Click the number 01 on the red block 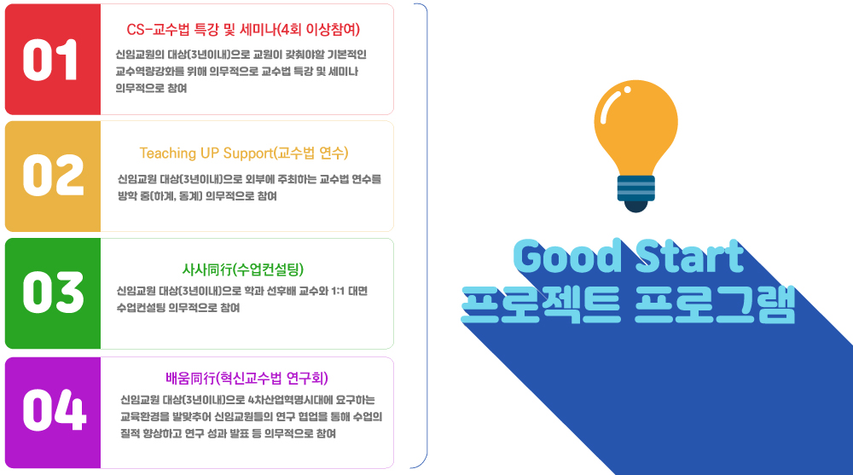49,60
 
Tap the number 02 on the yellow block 53,175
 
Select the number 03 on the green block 53,293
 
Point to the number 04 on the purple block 54,409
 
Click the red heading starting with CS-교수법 243,29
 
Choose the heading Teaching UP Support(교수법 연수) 244,153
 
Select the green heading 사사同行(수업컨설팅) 242,269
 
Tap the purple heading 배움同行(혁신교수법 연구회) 247,378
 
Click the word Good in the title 567,256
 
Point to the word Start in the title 689,256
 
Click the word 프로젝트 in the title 541,304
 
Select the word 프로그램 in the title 715,304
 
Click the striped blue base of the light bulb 636,188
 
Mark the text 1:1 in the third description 337,291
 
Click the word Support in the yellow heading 248,154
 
